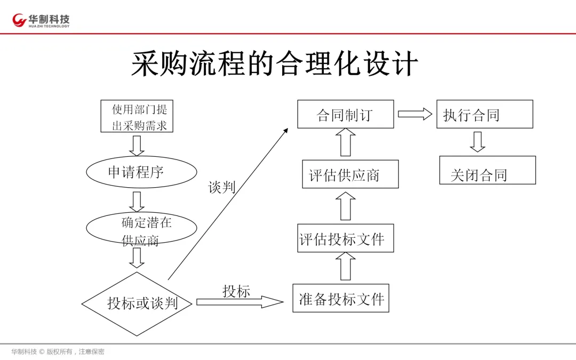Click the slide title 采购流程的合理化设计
[275, 64]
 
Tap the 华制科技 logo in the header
[41, 20]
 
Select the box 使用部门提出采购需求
[138, 116]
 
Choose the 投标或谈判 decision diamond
[138, 303]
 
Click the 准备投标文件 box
[341, 298]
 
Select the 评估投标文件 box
[345, 238]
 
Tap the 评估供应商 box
[350, 174]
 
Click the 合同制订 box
[345, 114]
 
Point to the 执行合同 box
[484, 114]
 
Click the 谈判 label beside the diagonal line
[221, 187]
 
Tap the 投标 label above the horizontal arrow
[236, 291]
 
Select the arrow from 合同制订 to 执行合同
[414, 114]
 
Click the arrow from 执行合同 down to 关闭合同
[477, 141]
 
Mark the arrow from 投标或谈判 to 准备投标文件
[239, 302]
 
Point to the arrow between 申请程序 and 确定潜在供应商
[137, 202]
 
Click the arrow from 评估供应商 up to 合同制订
[346, 143]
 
